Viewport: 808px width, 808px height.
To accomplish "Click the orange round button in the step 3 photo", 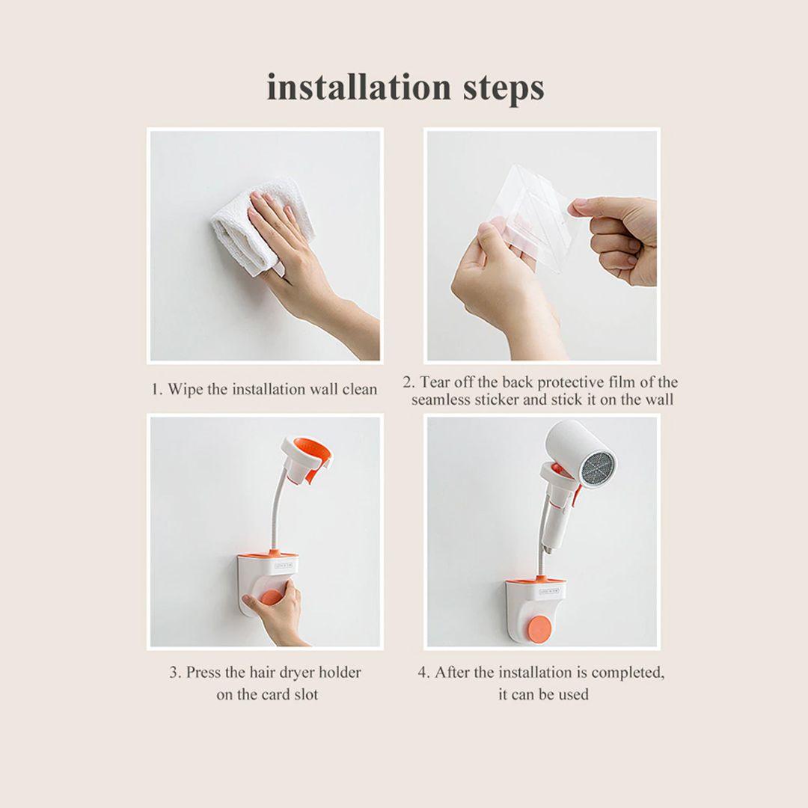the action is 272,598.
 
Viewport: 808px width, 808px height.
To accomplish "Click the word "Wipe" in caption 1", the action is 186,389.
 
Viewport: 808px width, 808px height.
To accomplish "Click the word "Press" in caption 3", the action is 203,673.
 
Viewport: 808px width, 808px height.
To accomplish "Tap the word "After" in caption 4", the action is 451,673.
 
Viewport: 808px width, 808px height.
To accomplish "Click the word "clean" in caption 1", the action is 360,389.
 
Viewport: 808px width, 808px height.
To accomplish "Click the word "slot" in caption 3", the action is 306,694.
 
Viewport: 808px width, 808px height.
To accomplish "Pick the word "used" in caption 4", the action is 573,694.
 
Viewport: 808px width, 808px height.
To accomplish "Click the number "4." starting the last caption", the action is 423,673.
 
